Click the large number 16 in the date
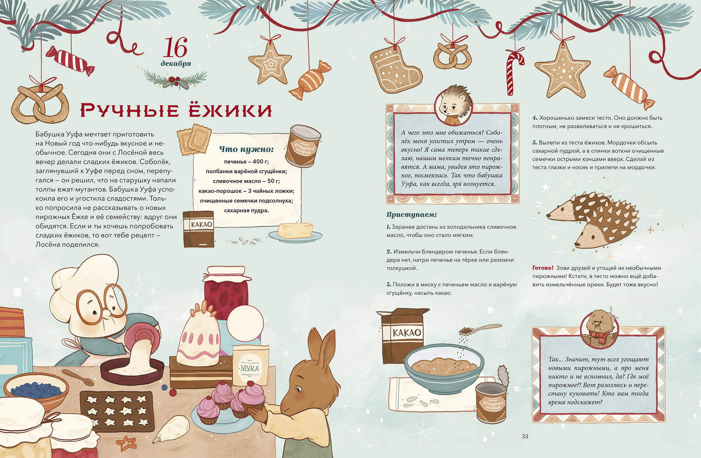[x=175, y=47]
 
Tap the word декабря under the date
[x=176, y=63]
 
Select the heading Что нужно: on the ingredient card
[x=246, y=149]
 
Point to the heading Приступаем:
[x=411, y=214]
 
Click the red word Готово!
[x=543, y=268]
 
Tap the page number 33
[x=525, y=436]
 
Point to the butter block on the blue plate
[x=294, y=230]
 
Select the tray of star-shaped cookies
[x=117, y=411]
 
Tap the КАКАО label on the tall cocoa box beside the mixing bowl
[x=407, y=332]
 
